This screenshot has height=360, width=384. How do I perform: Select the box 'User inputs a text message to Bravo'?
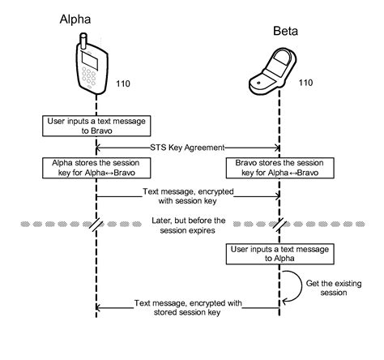(x=96, y=126)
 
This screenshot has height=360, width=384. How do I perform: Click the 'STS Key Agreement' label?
(x=188, y=148)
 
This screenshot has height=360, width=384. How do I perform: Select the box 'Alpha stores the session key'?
(x=96, y=168)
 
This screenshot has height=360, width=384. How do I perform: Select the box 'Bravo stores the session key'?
(x=279, y=168)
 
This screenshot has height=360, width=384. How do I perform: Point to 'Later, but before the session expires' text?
(x=187, y=225)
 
